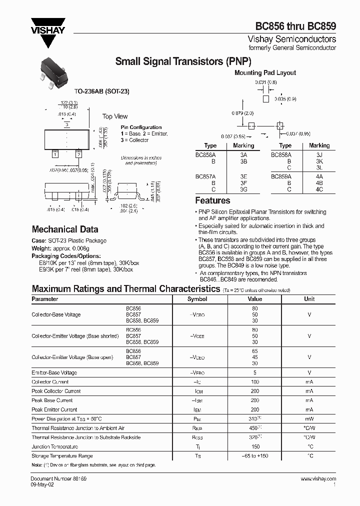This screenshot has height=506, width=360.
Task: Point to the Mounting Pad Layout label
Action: (265, 72)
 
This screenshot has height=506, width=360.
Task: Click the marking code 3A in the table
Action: (243, 155)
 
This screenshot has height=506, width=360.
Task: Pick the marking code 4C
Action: (319, 190)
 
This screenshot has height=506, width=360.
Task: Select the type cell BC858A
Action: (281, 155)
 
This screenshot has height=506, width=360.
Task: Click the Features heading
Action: (212, 200)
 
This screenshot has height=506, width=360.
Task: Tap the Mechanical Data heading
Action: (65, 229)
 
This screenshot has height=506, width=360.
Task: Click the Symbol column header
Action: (197, 299)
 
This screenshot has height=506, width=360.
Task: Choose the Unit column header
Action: (309, 299)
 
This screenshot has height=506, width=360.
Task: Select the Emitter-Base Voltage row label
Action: (54, 372)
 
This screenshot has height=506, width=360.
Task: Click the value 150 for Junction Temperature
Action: (255, 446)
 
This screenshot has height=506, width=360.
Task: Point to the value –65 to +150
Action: (255, 456)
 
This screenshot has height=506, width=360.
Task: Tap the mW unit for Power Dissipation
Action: (309, 419)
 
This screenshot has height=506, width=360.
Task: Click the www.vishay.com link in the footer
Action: (318, 479)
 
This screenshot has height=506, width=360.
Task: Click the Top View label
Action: (115, 116)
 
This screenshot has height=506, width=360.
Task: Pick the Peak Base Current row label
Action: (52, 400)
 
